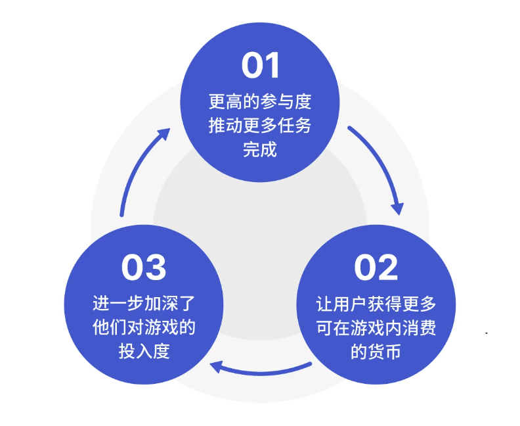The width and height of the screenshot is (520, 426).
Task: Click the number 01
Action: click(x=260, y=65)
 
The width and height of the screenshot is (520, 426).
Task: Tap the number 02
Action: click(x=376, y=268)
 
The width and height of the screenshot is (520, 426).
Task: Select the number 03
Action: click(x=144, y=268)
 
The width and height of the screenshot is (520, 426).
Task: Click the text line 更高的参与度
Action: click(x=260, y=102)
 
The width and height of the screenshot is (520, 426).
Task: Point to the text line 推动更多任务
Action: click(x=260, y=126)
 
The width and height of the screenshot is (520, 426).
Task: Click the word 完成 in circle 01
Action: click(x=260, y=149)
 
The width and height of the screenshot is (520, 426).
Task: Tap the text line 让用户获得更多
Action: click(x=376, y=304)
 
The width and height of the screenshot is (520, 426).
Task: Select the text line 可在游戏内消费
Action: click(x=376, y=328)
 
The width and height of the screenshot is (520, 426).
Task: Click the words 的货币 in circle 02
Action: click(x=376, y=352)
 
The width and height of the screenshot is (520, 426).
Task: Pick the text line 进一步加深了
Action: click(x=144, y=304)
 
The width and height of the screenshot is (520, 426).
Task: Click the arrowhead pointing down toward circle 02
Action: click(x=397, y=208)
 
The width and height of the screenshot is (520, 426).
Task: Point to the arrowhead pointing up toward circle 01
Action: click(x=163, y=134)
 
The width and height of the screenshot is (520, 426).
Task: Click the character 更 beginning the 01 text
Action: click(x=217, y=102)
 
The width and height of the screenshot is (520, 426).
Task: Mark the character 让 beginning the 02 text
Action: click(x=324, y=304)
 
